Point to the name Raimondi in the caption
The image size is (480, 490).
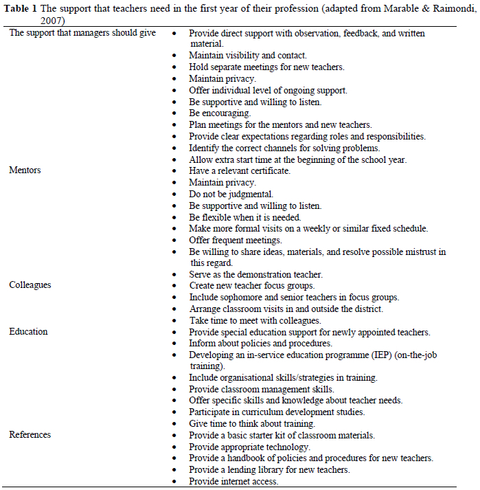(446, 8)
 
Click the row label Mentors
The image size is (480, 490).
(25, 170)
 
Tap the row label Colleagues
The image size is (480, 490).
(30, 284)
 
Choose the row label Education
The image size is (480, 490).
(28, 331)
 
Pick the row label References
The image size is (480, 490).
(30, 434)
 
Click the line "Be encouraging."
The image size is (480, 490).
(220, 113)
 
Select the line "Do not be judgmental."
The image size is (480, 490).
(231, 194)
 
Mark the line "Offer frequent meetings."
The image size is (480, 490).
(236, 240)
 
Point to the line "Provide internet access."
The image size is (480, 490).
(233, 481)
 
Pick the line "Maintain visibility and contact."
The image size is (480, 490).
(247, 55)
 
